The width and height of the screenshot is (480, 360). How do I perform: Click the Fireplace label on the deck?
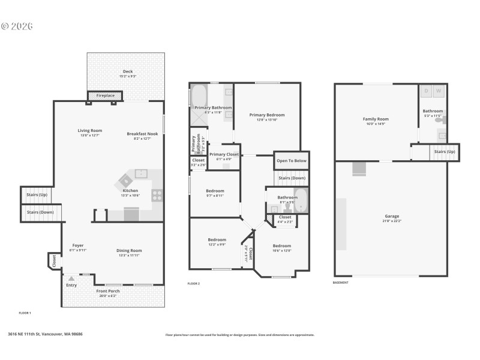point(105,95)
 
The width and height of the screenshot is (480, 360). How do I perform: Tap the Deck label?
point(128,71)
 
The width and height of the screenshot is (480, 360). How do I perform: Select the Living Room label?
point(89,131)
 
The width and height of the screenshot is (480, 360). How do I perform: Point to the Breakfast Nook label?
point(142,134)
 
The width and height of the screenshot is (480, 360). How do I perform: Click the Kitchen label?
point(130,191)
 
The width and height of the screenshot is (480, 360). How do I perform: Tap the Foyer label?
point(78,245)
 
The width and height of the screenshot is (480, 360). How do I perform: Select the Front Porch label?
point(109,291)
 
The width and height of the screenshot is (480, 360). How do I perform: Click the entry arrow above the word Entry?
point(71,278)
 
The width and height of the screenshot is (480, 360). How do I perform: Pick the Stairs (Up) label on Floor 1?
point(37,195)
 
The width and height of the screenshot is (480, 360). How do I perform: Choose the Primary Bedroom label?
point(267,115)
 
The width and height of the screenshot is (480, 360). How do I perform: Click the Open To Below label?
point(292,161)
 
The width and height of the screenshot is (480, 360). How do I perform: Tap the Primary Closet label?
point(223,154)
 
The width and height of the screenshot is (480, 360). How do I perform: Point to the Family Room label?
point(376,119)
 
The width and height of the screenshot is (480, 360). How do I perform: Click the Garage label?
point(392,217)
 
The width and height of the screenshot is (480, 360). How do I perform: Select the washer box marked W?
point(438,91)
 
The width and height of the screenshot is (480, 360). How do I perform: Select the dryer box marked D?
point(427,91)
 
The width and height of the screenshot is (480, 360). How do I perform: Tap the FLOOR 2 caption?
point(193,283)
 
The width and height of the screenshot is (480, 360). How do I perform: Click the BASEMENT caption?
point(341,282)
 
